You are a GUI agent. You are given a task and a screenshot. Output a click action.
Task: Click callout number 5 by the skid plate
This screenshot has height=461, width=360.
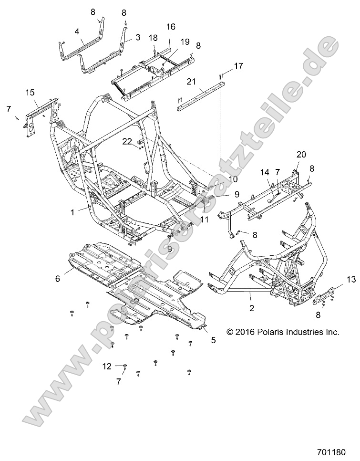point(213,340)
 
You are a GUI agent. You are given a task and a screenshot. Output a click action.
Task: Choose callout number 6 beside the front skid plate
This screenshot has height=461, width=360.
point(58,279)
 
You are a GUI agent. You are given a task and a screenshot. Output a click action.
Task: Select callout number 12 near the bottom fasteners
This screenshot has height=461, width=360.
point(107,366)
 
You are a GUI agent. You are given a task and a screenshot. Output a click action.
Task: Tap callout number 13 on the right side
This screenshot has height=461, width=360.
point(350,280)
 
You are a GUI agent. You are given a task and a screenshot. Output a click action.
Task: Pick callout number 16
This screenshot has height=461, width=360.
point(170,27)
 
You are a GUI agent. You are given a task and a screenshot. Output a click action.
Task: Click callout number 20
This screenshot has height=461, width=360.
point(300,154)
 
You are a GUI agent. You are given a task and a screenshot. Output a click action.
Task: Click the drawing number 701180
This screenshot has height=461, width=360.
point(336,450)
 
